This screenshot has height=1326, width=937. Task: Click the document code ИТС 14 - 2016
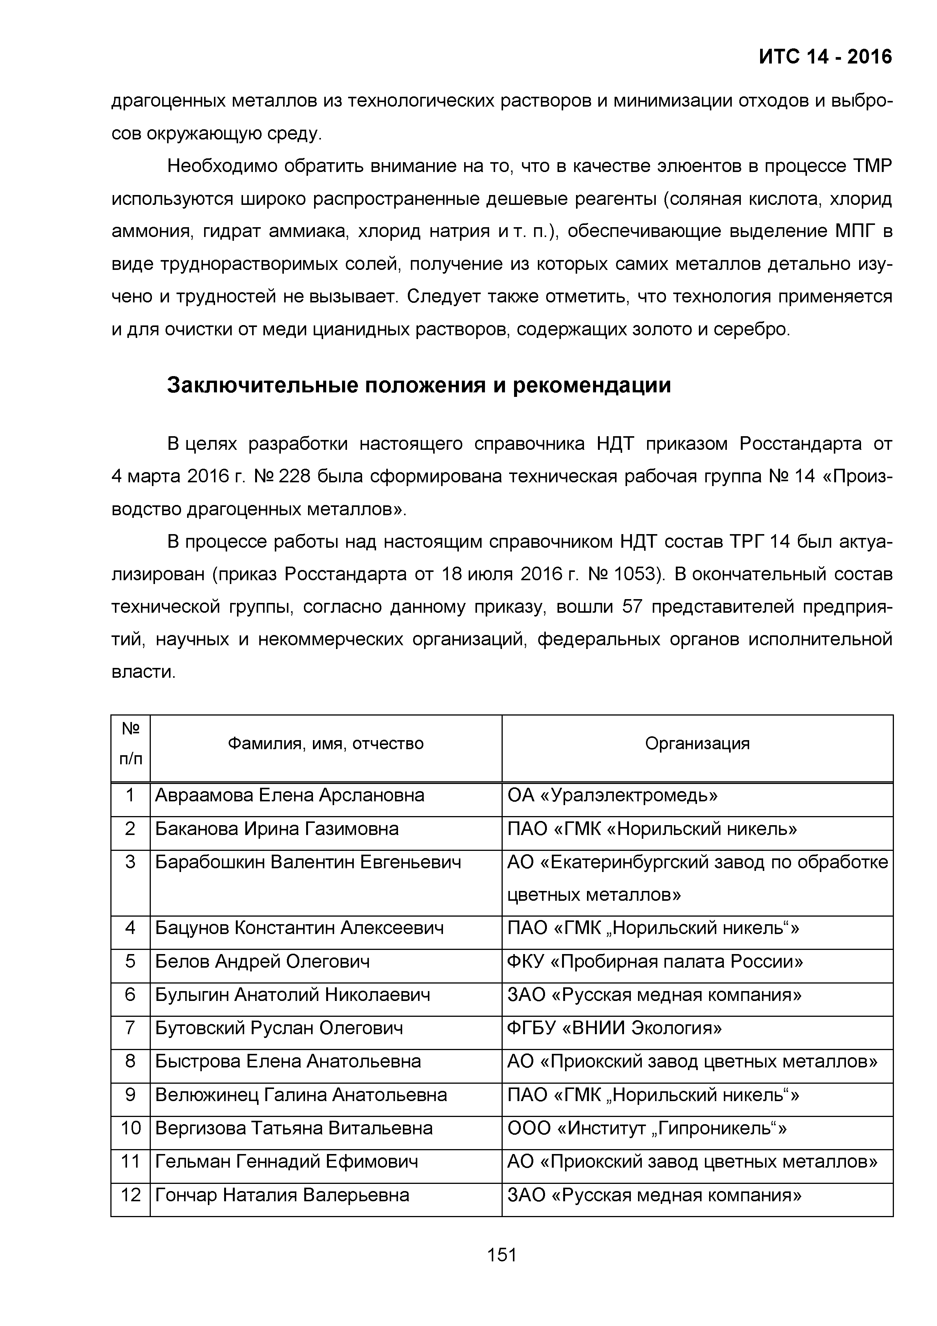coord(825,57)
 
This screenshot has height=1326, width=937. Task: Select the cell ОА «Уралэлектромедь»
coord(612,796)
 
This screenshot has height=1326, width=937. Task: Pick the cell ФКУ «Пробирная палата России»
coord(655,962)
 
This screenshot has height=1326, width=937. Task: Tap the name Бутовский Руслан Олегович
coord(279,1028)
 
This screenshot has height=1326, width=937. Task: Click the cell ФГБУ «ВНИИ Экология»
coord(614,1028)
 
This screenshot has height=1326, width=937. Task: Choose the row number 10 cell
coord(130,1128)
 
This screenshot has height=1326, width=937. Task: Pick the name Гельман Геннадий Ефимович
coord(287,1162)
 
